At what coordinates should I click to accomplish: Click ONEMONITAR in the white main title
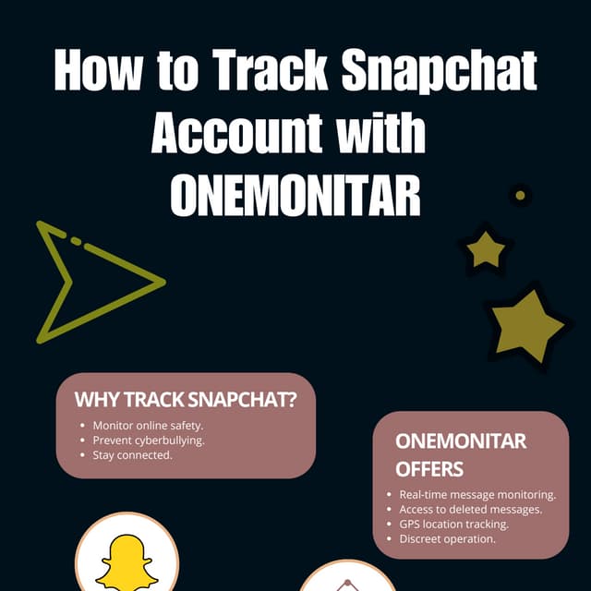[295, 195]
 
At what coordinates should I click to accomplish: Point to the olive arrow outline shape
[92, 281]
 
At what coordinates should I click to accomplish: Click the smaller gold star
[484, 249]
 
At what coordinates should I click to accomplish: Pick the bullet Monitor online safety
[148, 426]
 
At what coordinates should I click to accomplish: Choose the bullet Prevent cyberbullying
[149, 440]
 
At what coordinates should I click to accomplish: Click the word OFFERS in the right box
[429, 469]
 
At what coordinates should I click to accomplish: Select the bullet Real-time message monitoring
[477, 495]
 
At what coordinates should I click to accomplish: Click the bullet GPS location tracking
[453, 525]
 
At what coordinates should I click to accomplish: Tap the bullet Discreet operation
[447, 539]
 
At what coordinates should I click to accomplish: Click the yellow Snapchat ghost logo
[127, 561]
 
